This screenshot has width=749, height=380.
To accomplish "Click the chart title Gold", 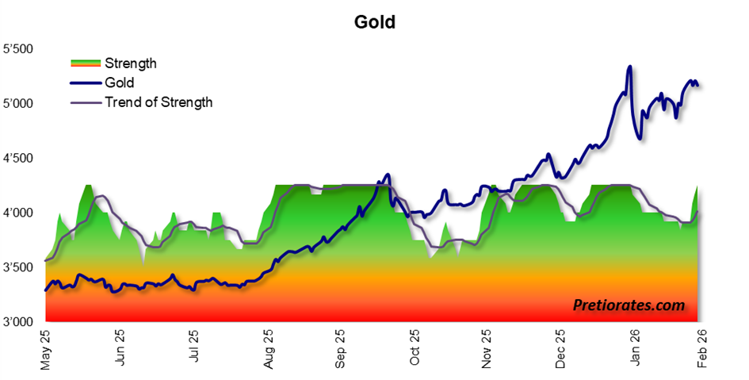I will click(x=374, y=21).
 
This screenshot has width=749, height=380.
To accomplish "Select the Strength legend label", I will click(x=131, y=63).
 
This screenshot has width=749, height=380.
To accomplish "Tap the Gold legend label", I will click(x=120, y=83).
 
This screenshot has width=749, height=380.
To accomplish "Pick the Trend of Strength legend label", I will click(x=159, y=102).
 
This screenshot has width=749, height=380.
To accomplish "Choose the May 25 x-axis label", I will click(x=45, y=350).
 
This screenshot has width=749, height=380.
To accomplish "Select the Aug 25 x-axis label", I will click(x=267, y=350).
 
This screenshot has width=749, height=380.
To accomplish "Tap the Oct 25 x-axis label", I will click(x=415, y=350).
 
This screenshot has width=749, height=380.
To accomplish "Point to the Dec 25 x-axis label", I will click(x=561, y=350).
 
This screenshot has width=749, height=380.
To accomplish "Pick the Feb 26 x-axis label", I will click(x=701, y=350).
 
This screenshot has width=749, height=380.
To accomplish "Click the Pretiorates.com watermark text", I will click(x=628, y=304).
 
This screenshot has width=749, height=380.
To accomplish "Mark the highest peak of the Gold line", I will click(x=629, y=67).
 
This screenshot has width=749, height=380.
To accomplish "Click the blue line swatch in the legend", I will click(x=85, y=83).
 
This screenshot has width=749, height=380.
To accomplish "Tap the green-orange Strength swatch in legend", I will click(x=85, y=63).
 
